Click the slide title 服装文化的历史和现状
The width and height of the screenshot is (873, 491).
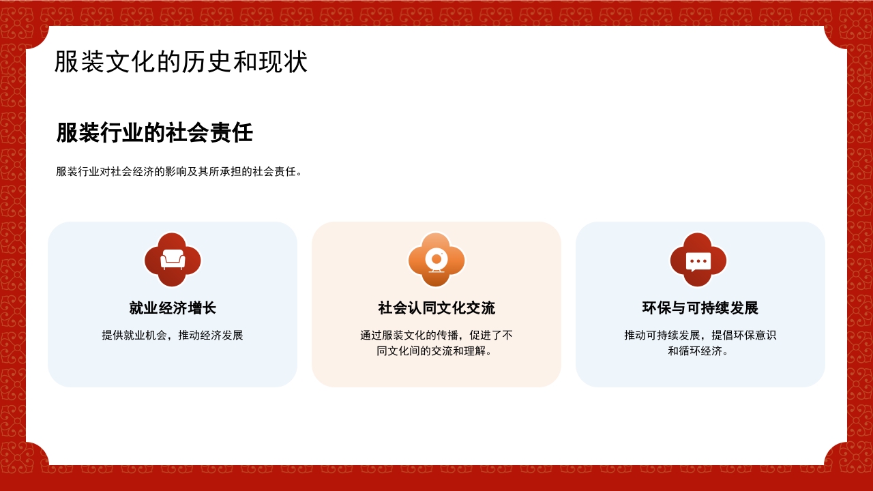[181, 62]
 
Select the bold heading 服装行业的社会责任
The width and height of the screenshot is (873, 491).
[154, 132]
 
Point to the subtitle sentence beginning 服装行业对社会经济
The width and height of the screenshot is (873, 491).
[179, 172]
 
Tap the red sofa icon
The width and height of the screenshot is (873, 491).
[173, 260]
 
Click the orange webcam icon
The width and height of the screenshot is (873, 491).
[436, 260]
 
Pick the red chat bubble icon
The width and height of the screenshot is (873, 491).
[698, 260]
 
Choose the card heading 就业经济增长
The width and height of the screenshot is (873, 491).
[173, 308]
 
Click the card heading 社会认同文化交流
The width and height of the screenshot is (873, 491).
[436, 308]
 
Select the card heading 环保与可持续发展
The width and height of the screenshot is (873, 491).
[700, 308]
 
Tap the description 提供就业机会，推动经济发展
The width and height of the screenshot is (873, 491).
[173, 336]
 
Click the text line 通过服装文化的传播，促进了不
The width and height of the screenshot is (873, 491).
[436, 336]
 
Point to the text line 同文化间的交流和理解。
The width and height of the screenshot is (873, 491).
[436, 351]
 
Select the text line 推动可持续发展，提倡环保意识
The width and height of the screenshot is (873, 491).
[700, 336]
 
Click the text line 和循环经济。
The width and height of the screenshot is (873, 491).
[700, 351]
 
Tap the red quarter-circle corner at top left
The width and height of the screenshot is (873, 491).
[34, 35]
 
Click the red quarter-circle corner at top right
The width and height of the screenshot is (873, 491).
[838, 35]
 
